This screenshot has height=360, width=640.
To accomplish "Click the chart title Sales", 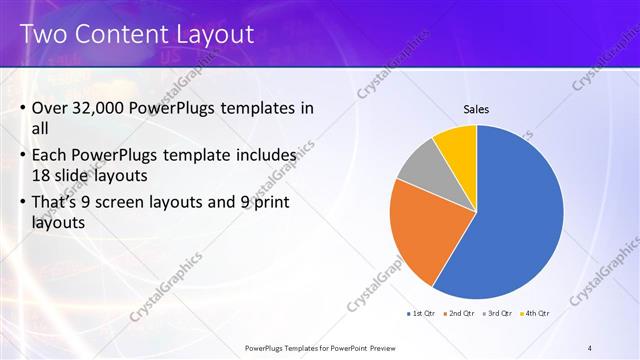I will coord(475,109).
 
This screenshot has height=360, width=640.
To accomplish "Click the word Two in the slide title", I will coord(44,33).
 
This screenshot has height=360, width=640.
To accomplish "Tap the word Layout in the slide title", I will coord(216,33).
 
